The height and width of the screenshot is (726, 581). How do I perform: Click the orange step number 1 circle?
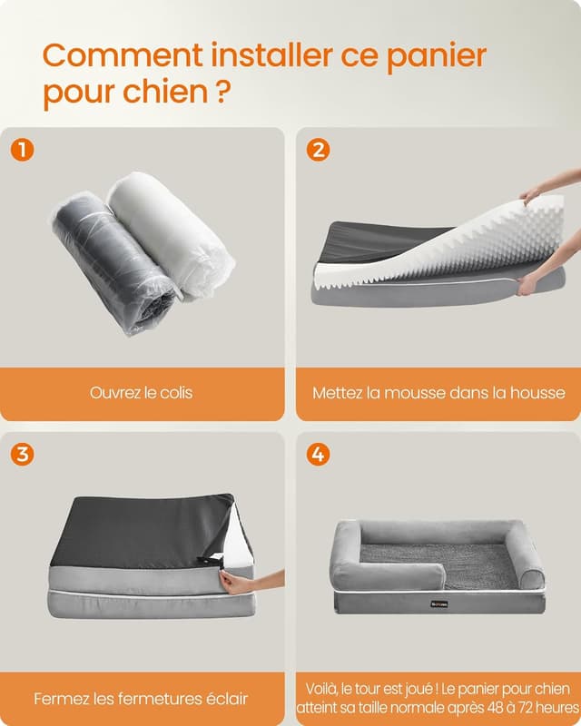pos(23,150)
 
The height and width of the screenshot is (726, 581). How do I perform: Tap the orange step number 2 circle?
pos(318,150)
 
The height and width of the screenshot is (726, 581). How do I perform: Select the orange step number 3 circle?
pos(23,454)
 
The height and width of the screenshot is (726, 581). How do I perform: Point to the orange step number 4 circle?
pos(318,454)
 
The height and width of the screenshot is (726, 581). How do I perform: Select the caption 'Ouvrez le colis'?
pos(141,393)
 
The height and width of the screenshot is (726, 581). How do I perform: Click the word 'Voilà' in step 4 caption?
pos(325,688)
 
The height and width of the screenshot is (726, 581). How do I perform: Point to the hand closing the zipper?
pos(241,582)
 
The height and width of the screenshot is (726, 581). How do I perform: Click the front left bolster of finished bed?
pos(386,575)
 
